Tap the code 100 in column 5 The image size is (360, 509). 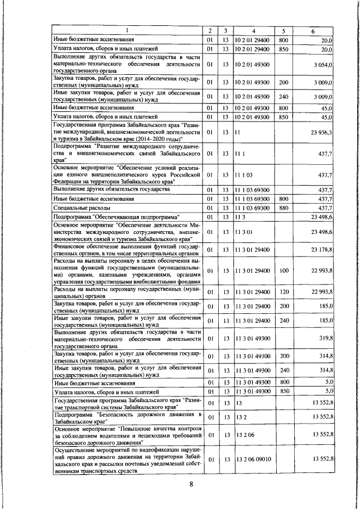pos(283,271)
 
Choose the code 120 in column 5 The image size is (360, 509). pos(283,291)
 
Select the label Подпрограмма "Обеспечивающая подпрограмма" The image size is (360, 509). pos(116,217)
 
